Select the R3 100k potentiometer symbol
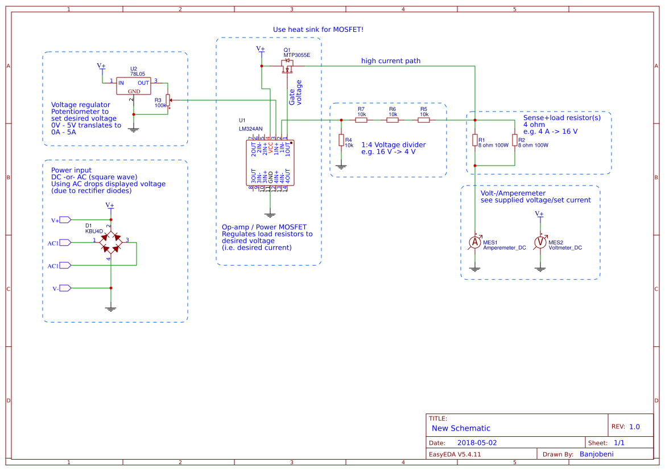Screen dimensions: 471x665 168,101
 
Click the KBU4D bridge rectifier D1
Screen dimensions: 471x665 111,242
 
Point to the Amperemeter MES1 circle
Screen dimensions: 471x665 475,243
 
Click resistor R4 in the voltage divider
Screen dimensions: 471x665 341,140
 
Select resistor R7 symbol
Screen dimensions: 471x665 361,120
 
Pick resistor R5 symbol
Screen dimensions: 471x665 424,120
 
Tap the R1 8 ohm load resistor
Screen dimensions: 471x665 475,140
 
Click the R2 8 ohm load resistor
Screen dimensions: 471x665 514,140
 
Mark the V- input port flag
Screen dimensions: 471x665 64,288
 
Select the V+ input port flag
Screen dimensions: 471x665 64,220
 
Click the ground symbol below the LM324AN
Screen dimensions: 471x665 270,215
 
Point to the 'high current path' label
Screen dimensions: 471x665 390,61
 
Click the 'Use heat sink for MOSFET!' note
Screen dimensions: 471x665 318,30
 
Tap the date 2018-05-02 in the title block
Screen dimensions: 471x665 477,443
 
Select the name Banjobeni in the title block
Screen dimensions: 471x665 596,454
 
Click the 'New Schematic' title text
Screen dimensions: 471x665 461,428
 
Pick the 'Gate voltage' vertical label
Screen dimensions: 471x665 295,93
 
